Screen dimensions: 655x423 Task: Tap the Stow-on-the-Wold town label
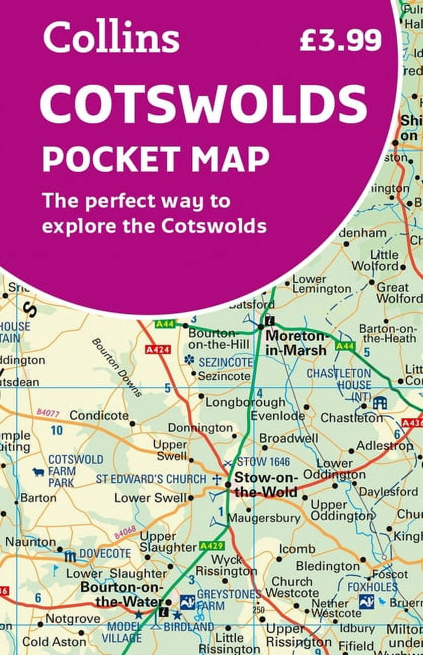pos(266,484)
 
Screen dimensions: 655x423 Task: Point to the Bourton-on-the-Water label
pos(122,595)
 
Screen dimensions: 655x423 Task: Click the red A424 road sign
pos(157,349)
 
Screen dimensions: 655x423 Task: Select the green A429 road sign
pos(211,546)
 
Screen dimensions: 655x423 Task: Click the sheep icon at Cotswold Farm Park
pos(38,473)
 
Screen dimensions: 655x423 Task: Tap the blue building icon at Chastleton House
pos(379,403)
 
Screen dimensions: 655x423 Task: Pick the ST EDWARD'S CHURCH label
pos(151,479)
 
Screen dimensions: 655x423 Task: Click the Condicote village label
pos(99,415)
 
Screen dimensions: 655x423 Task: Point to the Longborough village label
pos(245,402)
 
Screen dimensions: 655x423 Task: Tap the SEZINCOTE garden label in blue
pos(226,362)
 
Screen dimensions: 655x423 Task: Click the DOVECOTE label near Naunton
pos(105,553)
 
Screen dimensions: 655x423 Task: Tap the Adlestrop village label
pos(385,446)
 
